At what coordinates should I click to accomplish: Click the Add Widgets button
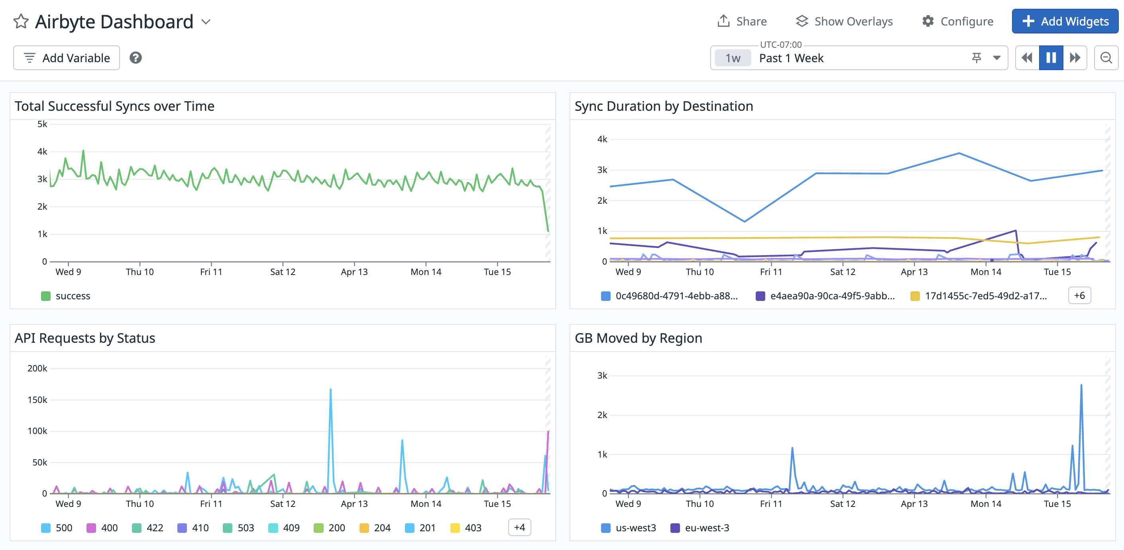coord(1065,22)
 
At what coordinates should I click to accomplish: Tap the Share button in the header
coord(742,22)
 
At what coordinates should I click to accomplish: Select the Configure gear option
coord(958,22)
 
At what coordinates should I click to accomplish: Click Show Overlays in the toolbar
coord(844,22)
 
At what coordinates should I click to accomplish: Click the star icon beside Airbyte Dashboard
coord(21,22)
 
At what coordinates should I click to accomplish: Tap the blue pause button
coord(1051,57)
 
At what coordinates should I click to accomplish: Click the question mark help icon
coord(136,57)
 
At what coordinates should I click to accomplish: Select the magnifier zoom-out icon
coord(1106,57)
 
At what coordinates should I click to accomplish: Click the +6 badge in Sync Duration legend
coord(1079,295)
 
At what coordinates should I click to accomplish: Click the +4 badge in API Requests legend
coord(519,527)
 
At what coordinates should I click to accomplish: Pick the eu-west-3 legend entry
coord(700,528)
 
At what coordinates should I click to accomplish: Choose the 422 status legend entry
coord(148,528)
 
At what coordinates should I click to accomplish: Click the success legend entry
coord(66,296)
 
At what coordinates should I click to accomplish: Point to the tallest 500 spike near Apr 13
coord(331,389)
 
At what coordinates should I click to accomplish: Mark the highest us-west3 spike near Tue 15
coord(1081,385)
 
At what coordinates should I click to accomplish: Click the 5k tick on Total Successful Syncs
coord(42,124)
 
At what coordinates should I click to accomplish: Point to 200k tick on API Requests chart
coord(37,369)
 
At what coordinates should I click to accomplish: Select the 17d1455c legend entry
coord(979,296)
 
